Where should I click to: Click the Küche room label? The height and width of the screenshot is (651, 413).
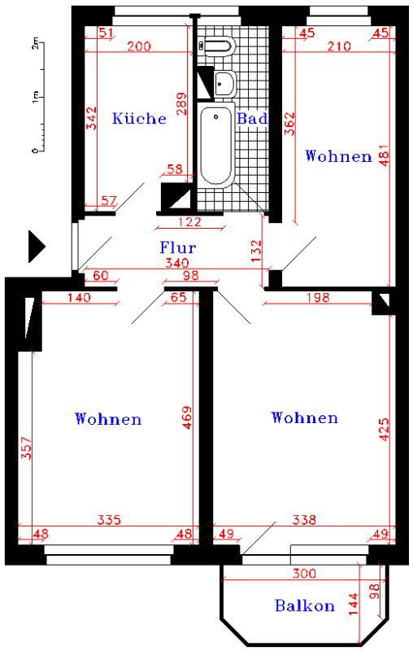pyautogui.click(x=139, y=118)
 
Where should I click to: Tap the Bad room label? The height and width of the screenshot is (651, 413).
pyautogui.click(x=252, y=119)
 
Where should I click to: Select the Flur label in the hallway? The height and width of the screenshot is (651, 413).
pyautogui.click(x=178, y=247)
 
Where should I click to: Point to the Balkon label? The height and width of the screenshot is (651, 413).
pyautogui.click(x=305, y=605)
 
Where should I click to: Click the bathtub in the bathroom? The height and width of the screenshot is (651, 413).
pyautogui.click(x=215, y=146)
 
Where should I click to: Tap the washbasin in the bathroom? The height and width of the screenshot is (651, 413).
pyautogui.click(x=224, y=84)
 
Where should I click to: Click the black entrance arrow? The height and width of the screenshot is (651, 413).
pyautogui.click(x=37, y=247)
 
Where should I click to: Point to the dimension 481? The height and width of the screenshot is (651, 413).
pyautogui.click(x=384, y=155)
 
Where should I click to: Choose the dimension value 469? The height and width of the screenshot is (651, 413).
pyautogui.click(x=187, y=417)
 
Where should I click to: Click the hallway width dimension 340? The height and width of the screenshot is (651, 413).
pyautogui.click(x=177, y=263)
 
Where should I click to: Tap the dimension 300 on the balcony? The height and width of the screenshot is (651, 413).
pyautogui.click(x=304, y=574)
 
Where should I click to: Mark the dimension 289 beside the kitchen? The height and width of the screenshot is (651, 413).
pyautogui.click(x=181, y=104)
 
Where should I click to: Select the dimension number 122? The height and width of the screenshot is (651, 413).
pyautogui.click(x=189, y=222)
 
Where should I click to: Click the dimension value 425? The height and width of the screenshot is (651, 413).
pyautogui.click(x=384, y=430)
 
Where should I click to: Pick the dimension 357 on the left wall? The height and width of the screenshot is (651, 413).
pyautogui.click(x=26, y=448)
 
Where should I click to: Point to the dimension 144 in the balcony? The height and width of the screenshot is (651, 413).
pyautogui.click(x=354, y=604)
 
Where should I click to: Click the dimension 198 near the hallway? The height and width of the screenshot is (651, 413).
pyautogui.click(x=318, y=298)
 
